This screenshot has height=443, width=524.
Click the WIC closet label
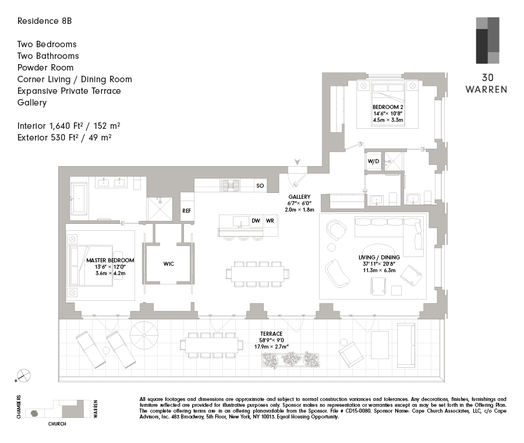point(168,264)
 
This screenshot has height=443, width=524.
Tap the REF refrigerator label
point(186,211)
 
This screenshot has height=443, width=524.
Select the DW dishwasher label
point(256,221)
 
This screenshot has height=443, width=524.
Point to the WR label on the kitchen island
point(270,221)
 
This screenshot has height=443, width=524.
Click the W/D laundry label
point(373,161)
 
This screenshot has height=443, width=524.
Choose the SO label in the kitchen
point(260,186)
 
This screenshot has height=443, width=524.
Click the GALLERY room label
point(299,197)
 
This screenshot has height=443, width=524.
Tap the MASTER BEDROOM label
point(110,261)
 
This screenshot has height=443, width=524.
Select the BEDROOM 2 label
point(388,107)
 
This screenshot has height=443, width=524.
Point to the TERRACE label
point(271,333)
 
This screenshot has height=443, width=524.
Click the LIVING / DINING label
point(379,257)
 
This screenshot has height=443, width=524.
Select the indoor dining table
point(259,273)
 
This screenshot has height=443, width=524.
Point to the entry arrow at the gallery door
point(298,163)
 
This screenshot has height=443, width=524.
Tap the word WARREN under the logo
point(487,90)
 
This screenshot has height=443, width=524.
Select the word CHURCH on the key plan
point(56,424)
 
